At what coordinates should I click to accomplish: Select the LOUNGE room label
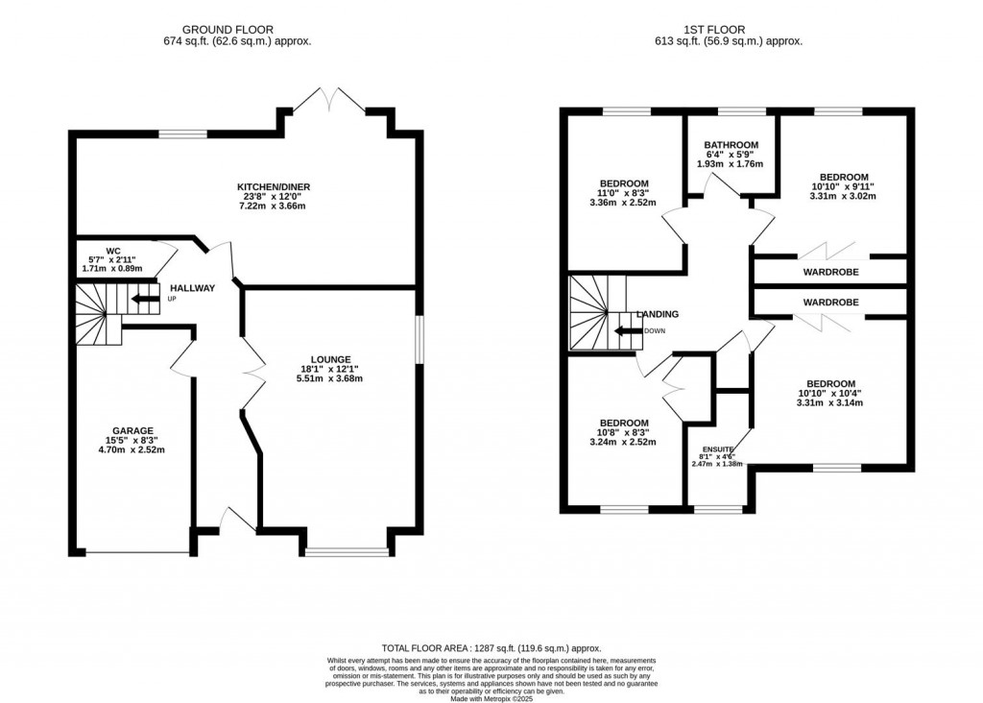tap(329, 359)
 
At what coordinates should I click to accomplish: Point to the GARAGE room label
tap(132, 430)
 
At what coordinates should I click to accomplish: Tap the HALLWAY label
tap(192, 288)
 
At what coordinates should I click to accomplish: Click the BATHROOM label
tap(731, 145)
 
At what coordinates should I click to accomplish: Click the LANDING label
tap(659, 314)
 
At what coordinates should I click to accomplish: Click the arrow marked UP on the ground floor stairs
tap(146, 299)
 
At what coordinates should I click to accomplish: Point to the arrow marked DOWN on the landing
tap(629, 331)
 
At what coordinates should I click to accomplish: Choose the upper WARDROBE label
tap(830, 272)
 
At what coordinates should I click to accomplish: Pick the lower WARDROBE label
tap(830, 303)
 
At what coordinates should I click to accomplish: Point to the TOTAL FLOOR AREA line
tap(491, 649)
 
